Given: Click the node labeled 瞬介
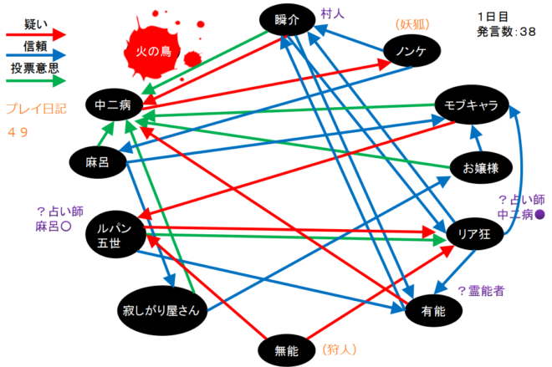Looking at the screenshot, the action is tap(287, 20).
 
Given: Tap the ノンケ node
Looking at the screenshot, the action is tap(411, 51).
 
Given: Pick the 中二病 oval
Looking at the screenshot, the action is tap(114, 104).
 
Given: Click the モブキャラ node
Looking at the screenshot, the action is tap(472, 104).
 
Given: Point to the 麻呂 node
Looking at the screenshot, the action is tap(98, 162).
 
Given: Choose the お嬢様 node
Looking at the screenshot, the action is tap(481, 168).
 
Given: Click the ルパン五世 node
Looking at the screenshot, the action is tap(115, 235).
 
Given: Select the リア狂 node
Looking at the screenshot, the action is tap(474, 233).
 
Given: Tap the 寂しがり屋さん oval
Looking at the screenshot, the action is tap(162, 310).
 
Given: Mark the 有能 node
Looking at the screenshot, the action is tap(433, 311).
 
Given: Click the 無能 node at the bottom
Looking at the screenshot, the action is tap(287, 350).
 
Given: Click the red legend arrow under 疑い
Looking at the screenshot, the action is tap(36, 34).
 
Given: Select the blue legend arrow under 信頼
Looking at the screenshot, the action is tap(36, 56).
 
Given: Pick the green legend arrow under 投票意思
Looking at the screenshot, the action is tap(36, 81).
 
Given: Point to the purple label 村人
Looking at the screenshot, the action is tap(332, 13).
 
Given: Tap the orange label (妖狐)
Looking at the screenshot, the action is tap(412, 24).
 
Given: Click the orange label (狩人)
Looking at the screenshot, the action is tap(340, 349).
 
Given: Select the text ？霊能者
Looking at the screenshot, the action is tap(481, 291).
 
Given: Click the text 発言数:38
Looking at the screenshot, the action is tap(506, 32).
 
